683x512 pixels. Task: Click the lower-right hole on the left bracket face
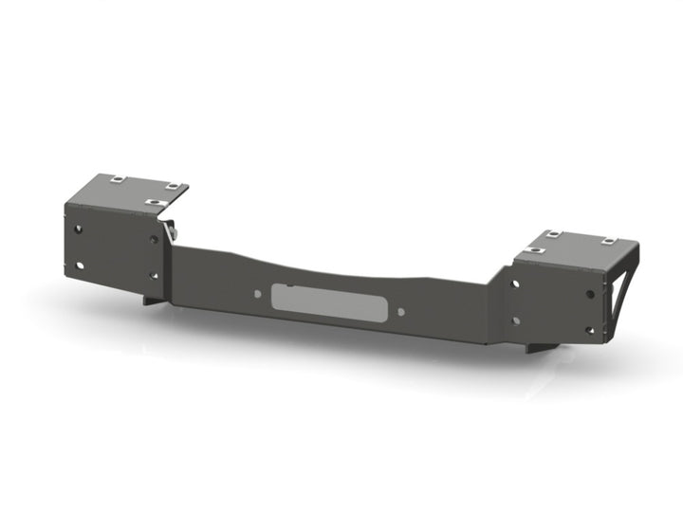point(154,276)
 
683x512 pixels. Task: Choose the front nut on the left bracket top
point(152,201)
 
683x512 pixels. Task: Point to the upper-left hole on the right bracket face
point(515,283)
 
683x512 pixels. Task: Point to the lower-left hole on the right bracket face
point(515,320)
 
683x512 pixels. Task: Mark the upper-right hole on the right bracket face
point(591,291)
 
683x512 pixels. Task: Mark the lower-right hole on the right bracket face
point(590,330)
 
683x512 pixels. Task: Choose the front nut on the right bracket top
point(536,250)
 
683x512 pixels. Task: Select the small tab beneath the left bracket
point(152,300)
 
